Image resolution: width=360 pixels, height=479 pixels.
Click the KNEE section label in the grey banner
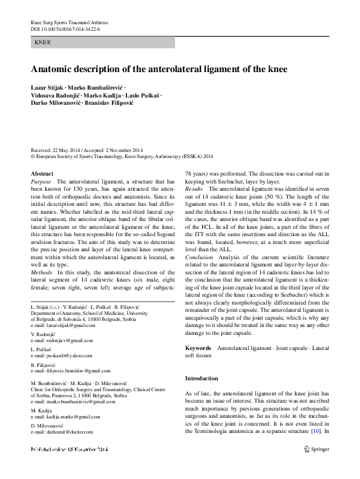(43, 43)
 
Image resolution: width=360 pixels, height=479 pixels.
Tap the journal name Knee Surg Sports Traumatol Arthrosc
(70, 22)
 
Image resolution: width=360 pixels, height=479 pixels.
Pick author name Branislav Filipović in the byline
(125, 103)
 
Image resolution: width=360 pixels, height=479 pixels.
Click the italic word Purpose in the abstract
(41, 181)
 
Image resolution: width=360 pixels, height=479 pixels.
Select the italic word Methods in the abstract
(41, 273)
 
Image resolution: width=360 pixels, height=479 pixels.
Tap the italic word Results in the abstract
(195, 190)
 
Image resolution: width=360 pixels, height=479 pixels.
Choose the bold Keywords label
(197, 348)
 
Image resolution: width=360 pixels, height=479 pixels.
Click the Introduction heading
(201, 378)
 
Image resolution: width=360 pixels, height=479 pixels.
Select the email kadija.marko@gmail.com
(71, 417)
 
